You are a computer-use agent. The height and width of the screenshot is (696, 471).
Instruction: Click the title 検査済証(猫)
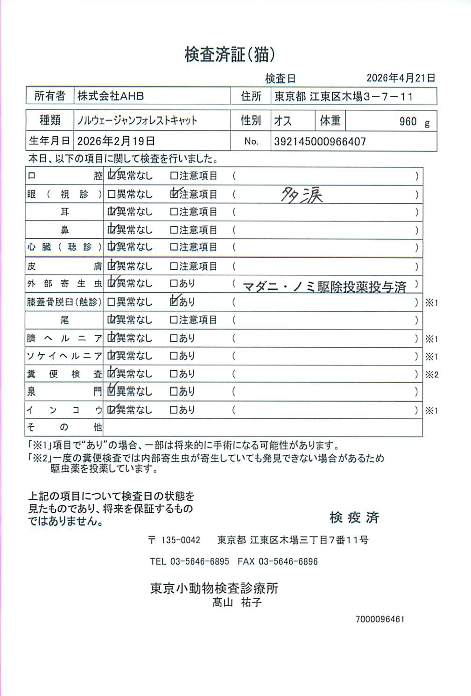point(229,55)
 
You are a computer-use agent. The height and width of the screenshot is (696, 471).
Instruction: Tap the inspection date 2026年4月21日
point(401,78)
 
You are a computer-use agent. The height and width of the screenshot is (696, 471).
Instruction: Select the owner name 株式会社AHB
point(111,96)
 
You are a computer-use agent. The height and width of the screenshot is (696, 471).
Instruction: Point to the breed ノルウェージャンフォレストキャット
point(137,121)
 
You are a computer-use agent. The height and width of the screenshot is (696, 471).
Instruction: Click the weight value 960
point(408,122)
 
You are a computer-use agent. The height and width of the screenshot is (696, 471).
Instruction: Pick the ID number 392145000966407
point(320,142)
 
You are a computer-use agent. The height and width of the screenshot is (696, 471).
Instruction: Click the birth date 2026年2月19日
point(116,141)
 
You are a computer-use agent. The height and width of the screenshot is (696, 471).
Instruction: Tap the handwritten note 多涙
point(302,194)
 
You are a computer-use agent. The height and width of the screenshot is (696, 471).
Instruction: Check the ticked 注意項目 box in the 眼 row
point(175,194)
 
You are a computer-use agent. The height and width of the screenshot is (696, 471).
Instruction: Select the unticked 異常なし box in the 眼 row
point(112,194)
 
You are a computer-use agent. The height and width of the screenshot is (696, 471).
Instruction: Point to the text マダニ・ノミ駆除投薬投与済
point(324,287)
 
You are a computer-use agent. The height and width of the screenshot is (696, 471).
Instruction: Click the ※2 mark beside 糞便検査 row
point(431,374)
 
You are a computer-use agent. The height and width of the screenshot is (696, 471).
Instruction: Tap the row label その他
point(64,427)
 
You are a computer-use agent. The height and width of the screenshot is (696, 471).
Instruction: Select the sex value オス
point(283,121)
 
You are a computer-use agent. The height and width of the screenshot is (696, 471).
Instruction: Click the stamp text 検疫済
point(354,517)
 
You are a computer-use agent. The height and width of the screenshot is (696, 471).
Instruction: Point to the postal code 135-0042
point(181,540)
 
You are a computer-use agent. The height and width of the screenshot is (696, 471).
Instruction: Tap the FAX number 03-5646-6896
point(288,561)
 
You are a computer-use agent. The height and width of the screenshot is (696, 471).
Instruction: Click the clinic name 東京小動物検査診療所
point(214,588)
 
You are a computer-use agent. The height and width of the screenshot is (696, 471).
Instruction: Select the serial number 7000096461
point(380,619)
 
